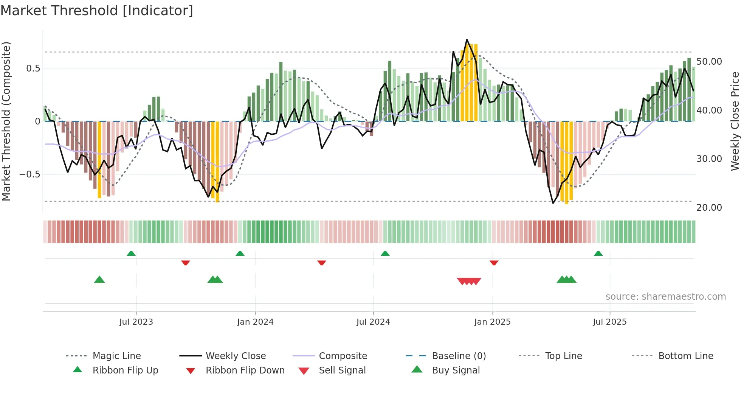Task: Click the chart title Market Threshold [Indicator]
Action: click(x=97, y=11)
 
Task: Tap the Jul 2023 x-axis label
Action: click(x=136, y=322)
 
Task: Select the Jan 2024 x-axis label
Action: click(x=255, y=322)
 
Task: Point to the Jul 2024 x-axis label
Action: click(x=373, y=322)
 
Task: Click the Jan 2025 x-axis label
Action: click(x=492, y=322)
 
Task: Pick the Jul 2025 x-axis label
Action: click(x=609, y=322)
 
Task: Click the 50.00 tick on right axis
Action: click(x=709, y=62)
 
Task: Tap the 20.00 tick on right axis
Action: click(x=709, y=208)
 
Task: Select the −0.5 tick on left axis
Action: click(x=29, y=174)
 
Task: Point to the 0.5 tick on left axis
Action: click(x=33, y=68)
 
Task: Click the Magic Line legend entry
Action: click(x=116, y=356)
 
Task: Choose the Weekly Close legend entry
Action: click(x=236, y=356)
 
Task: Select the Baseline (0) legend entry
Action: click(x=459, y=356)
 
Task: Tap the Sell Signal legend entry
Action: click(x=342, y=370)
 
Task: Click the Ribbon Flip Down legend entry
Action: click(x=245, y=370)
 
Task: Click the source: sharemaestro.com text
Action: click(x=665, y=297)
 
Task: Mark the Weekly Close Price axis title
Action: click(x=735, y=121)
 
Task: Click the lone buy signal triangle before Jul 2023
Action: click(x=99, y=280)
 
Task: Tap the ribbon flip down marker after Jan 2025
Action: click(x=494, y=263)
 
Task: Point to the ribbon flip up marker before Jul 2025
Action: click(x=598, y=254)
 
